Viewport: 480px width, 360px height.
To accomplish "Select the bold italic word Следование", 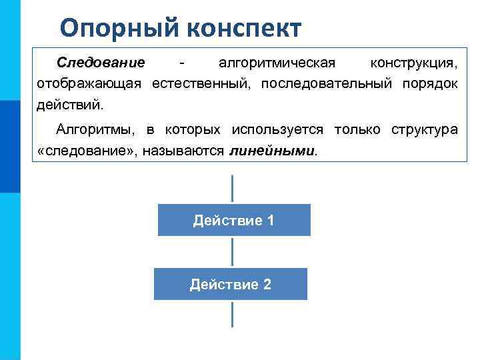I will pyautogui.click(x=101, y=63).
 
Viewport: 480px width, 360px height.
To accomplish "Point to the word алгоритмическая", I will pyautogui.click(x=276, y=63).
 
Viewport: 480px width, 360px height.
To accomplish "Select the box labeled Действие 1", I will pyautogui.click(x=233, y=220).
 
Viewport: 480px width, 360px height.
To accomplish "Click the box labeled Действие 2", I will pyautogui.click(x=231, y=284).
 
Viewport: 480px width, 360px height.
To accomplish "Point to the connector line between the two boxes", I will pyautogui.click(x=232, y=252).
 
